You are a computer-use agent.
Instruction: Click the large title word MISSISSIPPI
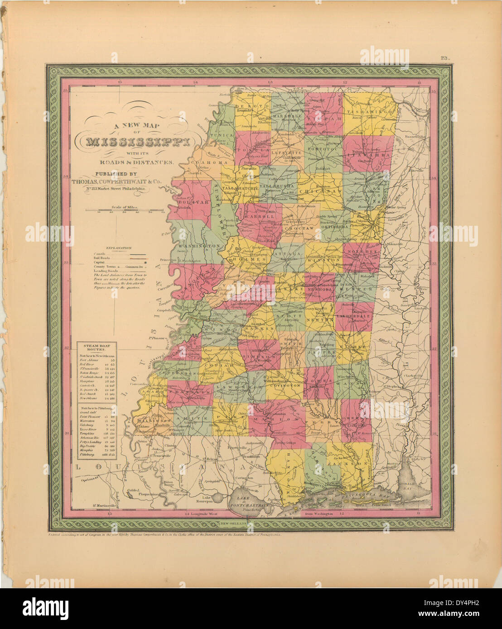click(x=138, y=142)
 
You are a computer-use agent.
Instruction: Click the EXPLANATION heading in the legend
click(x=118, y=248)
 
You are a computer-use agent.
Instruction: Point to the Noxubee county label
click(x=360, y=251)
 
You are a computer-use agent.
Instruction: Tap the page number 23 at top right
click(x=443, y=57)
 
